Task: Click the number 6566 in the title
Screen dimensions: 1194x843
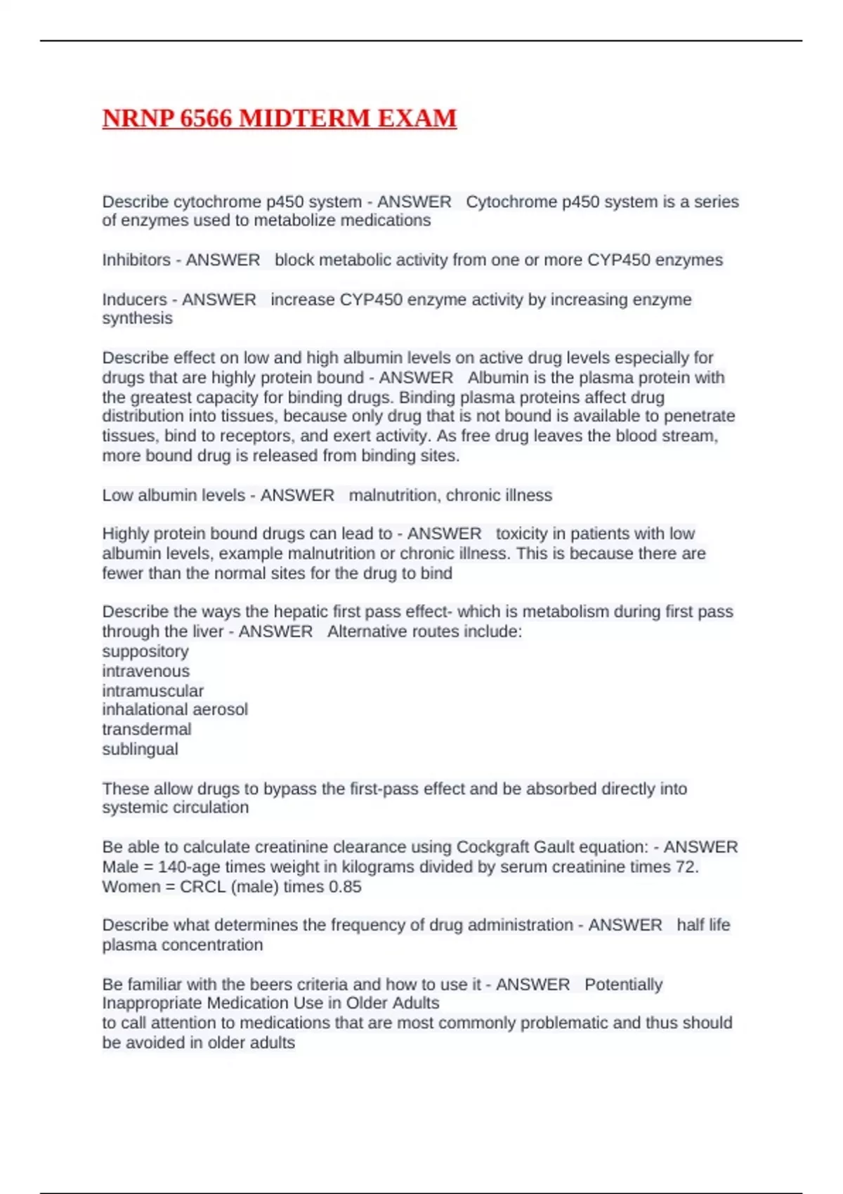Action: pyautogui.click(x=206, y=118)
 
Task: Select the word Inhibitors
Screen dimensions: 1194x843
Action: pyautogui.click(x=136, y=260)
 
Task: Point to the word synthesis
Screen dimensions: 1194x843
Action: pyautogui.click(x=137, y=318)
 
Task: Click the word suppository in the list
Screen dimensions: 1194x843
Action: pyautogui.click(x=145, y=651)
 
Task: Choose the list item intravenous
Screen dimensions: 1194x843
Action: pyautogui.click(x=145, y=671)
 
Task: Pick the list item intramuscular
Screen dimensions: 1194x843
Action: pyautogui.click(x=152, y=690)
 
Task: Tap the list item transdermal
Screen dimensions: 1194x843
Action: pyautogui.click(x=146, y=729)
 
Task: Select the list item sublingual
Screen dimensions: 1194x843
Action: pyautogui.click(x=140, y=749)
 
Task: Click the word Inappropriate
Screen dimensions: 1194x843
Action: pyautogui.click(x=152, y=1003)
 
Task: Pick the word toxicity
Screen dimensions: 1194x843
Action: pyautogui.click(x=523, y=534)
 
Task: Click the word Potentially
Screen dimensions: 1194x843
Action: pyautogui.click(x=623, y=984)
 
